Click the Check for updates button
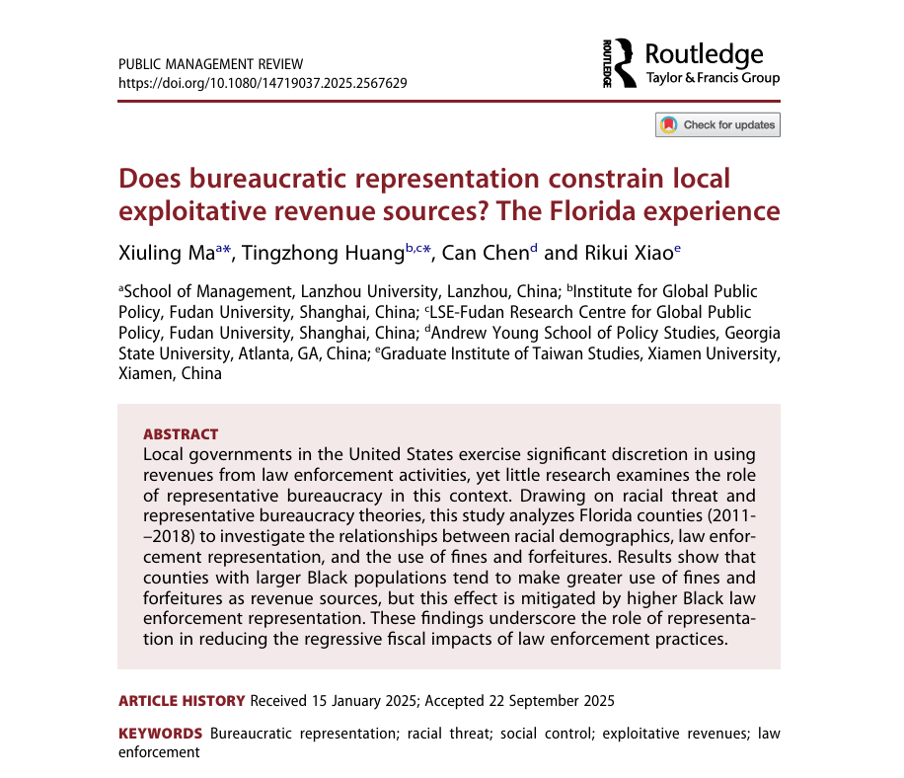point(717,125)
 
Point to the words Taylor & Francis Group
point(712,78)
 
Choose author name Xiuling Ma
point(166,253)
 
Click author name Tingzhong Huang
point(323,253)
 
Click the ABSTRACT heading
point(181,434)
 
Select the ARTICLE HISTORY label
point(182,701)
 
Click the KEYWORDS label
point(161,734)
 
